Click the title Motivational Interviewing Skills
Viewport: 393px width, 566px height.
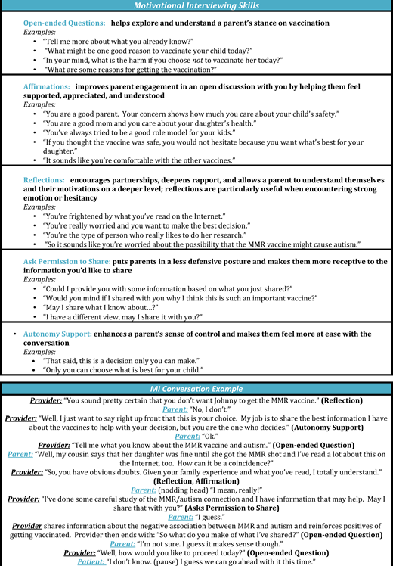196,5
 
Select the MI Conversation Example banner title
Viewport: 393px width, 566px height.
196,389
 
